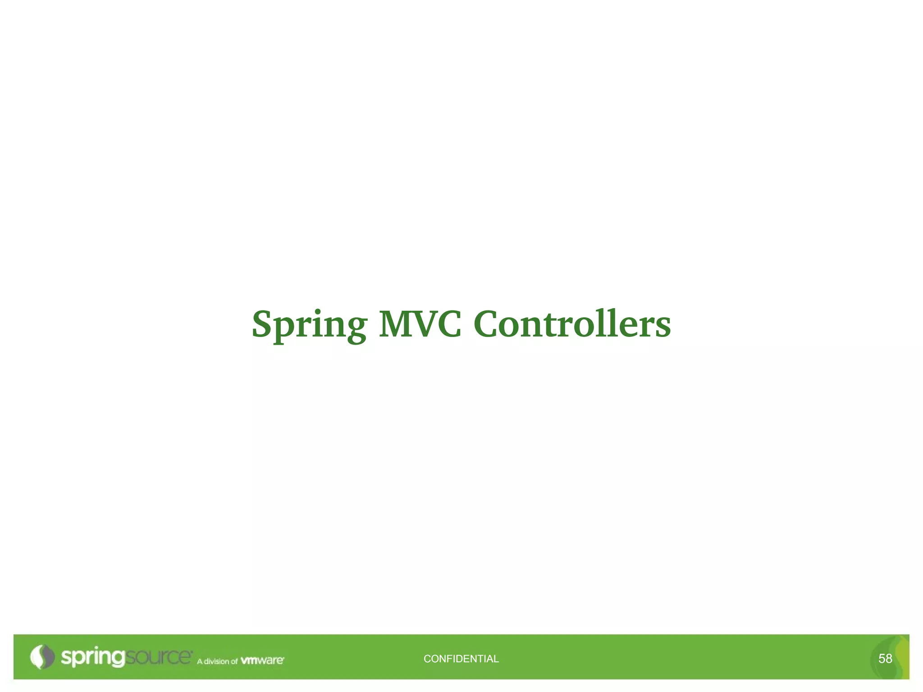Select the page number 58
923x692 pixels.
(885, 659)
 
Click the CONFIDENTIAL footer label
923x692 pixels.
(461, 659)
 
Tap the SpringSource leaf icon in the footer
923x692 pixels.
(41, 657)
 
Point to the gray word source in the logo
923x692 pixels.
(158, 657)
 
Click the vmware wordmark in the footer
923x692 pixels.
(262, 660)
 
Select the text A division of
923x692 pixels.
(217, 661)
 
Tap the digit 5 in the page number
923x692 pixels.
(882, 659)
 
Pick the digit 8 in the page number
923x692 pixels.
(889, 659)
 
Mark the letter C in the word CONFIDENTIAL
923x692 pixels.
(427, 659)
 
